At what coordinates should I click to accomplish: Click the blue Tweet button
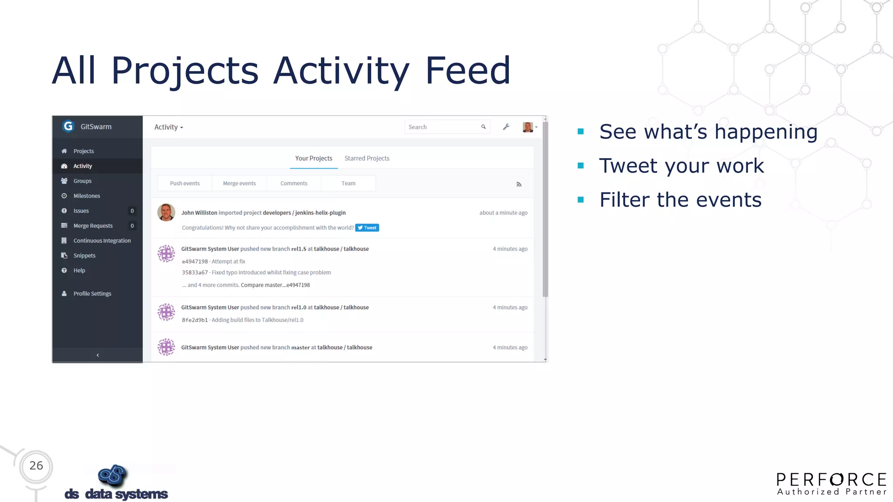367,227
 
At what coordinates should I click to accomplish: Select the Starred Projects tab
367,158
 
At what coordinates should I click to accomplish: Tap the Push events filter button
184,183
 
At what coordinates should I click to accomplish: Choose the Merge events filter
239,183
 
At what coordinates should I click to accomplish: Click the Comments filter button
293,183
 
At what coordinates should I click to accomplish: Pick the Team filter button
348,183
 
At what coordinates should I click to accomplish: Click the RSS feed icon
518,184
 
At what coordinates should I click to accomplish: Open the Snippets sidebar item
84,255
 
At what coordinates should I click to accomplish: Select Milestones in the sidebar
86,196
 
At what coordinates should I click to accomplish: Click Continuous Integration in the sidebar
102,241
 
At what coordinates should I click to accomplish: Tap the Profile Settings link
92,294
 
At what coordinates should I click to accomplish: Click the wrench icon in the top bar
506,127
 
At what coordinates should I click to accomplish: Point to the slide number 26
36,466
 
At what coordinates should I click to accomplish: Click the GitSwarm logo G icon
68,126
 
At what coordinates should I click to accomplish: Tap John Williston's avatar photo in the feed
166,213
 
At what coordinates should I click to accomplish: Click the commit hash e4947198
194,261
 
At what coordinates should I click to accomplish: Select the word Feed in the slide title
467,71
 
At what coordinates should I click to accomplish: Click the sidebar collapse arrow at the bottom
98,355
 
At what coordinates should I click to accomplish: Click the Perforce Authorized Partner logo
831,484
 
